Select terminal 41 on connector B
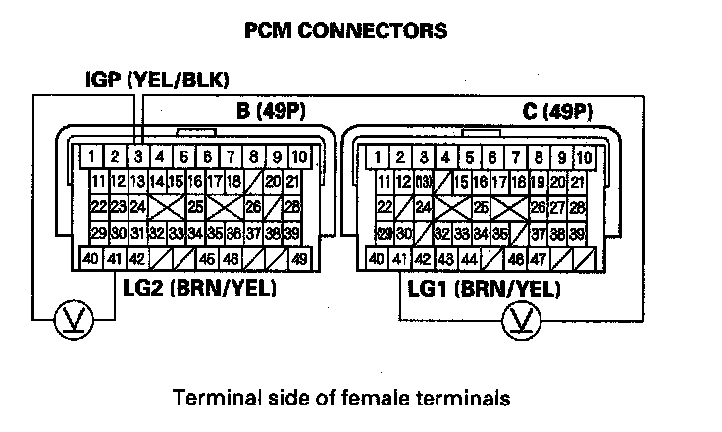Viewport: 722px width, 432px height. tap(115, 260)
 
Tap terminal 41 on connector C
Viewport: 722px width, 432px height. tap(399, 260)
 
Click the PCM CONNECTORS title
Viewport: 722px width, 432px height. tap(345, 30)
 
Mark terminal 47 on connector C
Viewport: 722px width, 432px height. tap(539, 260)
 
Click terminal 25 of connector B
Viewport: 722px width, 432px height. tap(195, 207)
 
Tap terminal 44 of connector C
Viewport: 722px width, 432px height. tap(469, 260)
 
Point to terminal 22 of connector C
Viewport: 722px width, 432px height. tap(385, 207)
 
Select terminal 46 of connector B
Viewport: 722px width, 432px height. tap(230, 260)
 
